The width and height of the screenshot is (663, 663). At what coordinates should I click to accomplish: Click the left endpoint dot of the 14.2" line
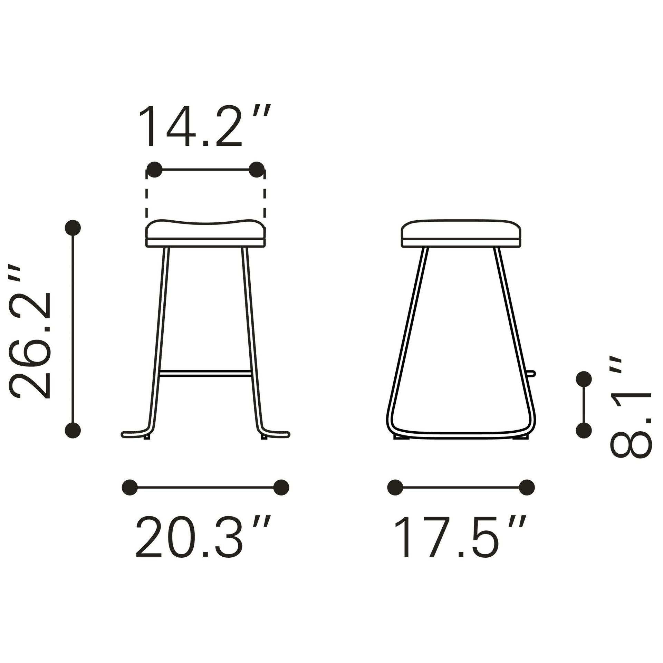pos(154,170)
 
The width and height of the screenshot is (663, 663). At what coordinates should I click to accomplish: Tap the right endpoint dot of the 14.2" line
pos(256,170)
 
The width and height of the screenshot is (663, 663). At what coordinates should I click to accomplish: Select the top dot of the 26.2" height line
pos(73,228)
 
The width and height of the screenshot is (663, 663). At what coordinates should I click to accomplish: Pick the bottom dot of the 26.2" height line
pos(73,430)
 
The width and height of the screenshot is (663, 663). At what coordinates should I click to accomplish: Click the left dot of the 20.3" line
pos(130,487)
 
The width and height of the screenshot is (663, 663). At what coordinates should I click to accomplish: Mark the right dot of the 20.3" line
pos(281,487)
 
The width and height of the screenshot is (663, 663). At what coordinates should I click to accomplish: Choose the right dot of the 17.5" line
pos(527,487)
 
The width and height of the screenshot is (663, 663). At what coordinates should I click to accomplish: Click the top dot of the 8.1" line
pos(584,379)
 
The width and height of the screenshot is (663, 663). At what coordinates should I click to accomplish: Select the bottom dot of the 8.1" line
pos(584,430)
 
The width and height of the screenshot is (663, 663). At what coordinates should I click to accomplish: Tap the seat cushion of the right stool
pos(461,230)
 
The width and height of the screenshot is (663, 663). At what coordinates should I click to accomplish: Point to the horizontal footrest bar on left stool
pos(205,373)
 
